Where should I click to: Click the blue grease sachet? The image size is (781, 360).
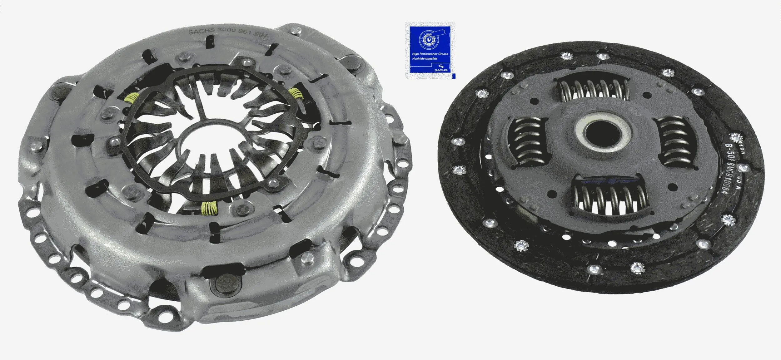click(430, 50)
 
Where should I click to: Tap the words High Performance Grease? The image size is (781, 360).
click(430, 54)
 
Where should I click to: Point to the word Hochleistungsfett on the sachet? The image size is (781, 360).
click(425, 59)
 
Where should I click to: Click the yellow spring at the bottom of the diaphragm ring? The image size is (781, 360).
click(209, 208)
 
